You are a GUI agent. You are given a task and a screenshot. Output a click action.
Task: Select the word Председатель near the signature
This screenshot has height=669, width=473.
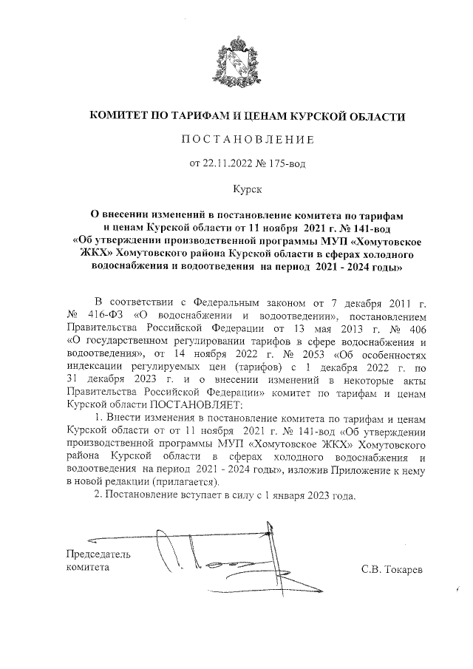coord(98,554)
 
